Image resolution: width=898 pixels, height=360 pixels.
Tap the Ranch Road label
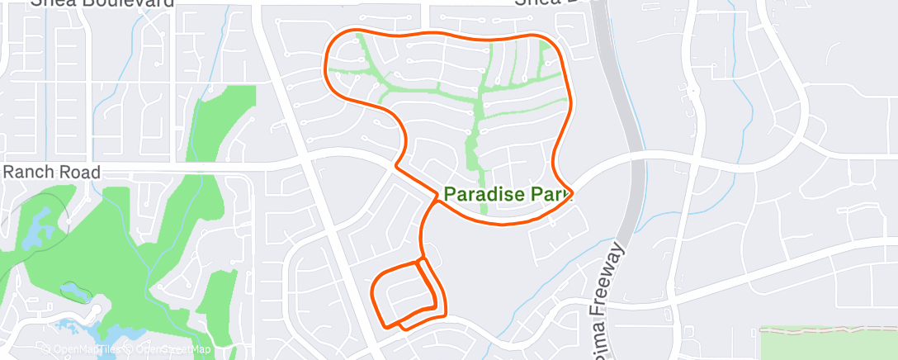[x=52, y=173]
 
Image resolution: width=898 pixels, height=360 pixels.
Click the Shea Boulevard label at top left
[x=103, y=3]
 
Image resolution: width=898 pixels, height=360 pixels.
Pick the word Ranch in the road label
[x=27, y=173]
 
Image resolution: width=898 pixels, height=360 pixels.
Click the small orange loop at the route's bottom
[x=404, y=294]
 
